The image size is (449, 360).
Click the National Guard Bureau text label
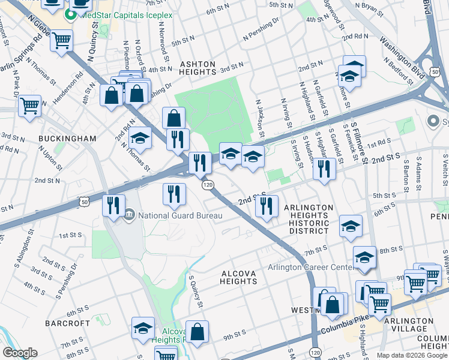[181, 215]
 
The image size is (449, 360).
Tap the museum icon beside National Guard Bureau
[130, 215]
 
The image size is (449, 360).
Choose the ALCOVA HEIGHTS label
[239, 277]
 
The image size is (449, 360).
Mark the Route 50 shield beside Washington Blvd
[431, 64]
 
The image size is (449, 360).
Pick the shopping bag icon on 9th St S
[197, 331]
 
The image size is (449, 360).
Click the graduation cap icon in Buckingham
[140, 139]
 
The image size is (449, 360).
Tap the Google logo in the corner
[20, 353]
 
